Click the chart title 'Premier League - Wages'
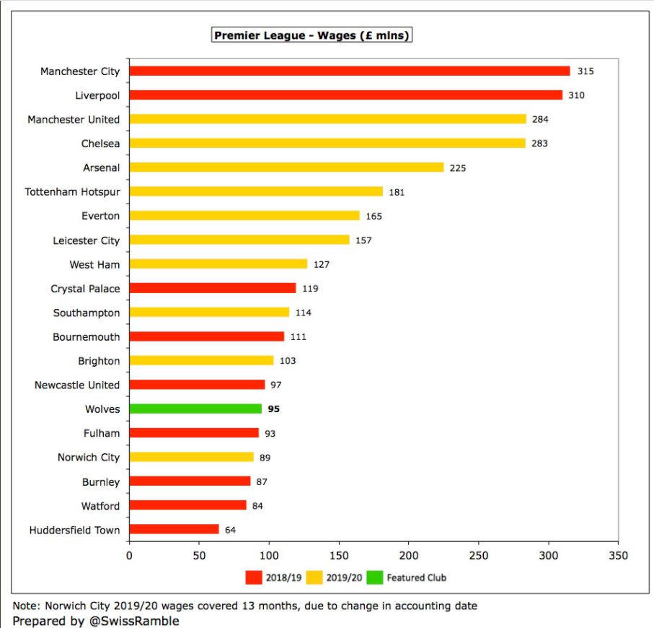click(x=311, y=35)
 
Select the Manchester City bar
click(x=349, y=71)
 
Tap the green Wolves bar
click(x=195, y=409)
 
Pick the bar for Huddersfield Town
click(x=174, y=530)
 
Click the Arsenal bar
click(x=286, y=167)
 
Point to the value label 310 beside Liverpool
click(x=576, y=95)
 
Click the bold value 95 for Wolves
click(x=273, y=409)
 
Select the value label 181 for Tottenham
click(x=397, y=192)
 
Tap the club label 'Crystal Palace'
click(x=85, y=289)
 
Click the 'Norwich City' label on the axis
click(x=89, y=458)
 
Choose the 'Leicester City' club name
click(x=87, y=240)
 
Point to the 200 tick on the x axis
click(x=409, y=556)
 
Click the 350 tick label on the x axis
click(x=618, y=556)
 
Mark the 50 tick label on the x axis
click(x=199, y=556)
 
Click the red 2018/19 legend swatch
click(x=253, y=577)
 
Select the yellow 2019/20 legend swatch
click(x=314, y=577)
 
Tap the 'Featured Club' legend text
click(x=416, y=577)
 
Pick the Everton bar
click(x=244, y=216)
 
